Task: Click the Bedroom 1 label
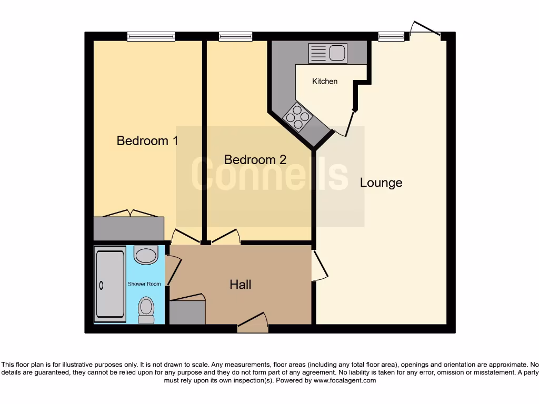[147, 141]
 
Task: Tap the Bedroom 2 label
[255, 159]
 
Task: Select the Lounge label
[381, 183]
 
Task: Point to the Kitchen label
[325, 82]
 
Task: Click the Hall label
[241, 285]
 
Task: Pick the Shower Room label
[144, 284]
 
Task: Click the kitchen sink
[327, 53]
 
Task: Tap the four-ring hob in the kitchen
[297, 117]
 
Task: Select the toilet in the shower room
[146, 310]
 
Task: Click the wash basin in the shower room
[146, 255]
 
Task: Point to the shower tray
[110, 284]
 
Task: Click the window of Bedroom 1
[151, 36]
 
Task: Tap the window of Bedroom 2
[235, 36]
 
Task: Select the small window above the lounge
[391, 36]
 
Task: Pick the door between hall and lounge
[319, 266]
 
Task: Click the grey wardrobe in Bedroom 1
[128, 228]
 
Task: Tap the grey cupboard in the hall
[187, 312]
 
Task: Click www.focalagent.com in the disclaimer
[345, 380]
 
